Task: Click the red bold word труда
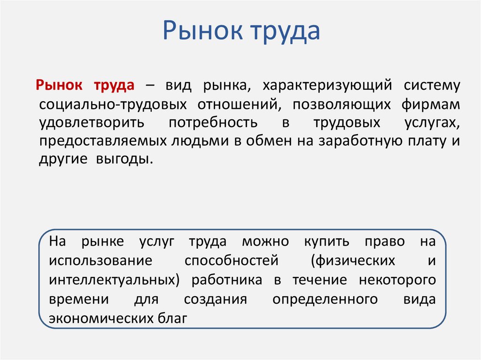pos(115,86)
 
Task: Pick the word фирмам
pos(431,104)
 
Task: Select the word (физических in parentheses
pos(356,260)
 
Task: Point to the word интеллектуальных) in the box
pos(115,280)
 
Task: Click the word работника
pos(227,280)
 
